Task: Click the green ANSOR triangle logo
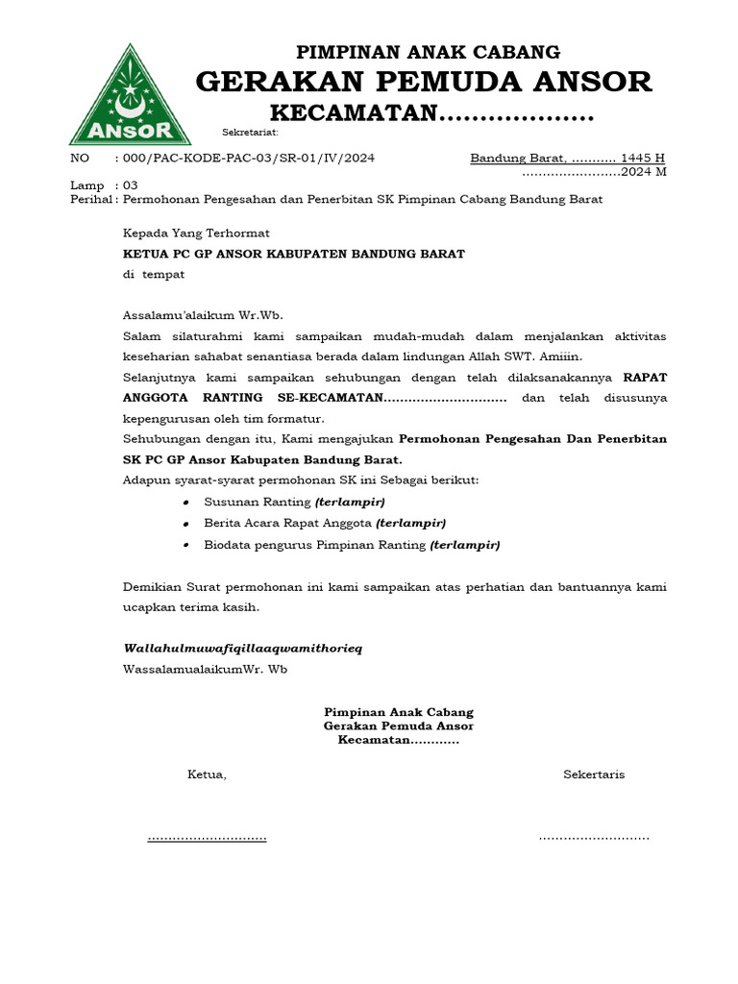[122, 96]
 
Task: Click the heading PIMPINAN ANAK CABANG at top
[428, 52]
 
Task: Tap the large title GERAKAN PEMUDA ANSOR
[424, 83]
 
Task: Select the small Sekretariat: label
[250, 132]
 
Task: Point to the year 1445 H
[643, 158]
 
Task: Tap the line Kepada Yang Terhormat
[196, 233]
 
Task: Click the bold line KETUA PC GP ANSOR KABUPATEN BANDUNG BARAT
[293, 254]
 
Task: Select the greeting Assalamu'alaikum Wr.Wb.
[203, 315]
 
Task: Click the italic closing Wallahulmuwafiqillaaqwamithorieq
[242, 649]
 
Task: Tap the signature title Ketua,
[207, 775]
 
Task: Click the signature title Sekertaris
[594, 775]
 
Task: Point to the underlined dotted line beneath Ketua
[207, 838]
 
